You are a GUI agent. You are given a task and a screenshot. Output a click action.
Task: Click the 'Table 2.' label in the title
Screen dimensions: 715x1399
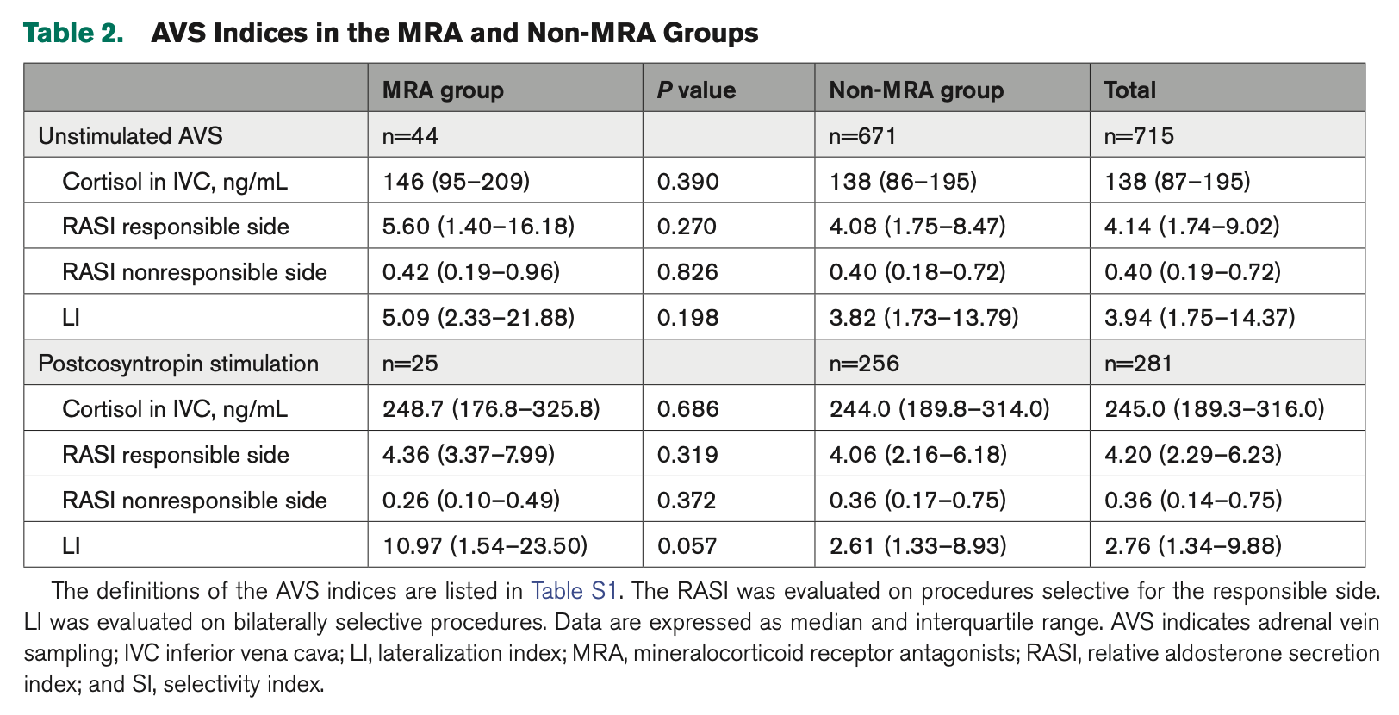click(x=73, y=33)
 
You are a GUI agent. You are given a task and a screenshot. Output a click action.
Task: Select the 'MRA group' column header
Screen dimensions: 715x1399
click(x=443, y=90)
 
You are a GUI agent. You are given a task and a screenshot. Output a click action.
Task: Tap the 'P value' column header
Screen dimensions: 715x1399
click(x=696, y=90)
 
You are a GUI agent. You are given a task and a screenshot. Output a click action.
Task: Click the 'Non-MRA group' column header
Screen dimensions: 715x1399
click(x=916, y=90)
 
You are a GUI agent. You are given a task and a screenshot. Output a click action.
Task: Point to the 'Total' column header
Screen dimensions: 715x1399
click(x=1129, y=90)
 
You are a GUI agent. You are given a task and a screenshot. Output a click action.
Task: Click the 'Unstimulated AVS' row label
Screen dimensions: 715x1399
click(x=130, y=136)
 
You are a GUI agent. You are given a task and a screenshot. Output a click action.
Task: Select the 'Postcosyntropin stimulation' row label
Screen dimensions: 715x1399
click(x=178, y=364)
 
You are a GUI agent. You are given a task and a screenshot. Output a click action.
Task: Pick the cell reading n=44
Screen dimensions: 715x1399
click(x=410, y=136)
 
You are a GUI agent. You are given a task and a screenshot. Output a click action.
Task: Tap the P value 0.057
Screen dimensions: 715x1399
click(x=687, y=546)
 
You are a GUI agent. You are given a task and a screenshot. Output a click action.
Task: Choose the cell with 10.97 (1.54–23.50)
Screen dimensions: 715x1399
click(x=485, y=546)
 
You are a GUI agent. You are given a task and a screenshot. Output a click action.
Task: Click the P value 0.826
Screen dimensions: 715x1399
click(x=687, y=273)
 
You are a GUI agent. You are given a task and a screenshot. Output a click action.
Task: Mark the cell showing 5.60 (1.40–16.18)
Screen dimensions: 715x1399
click(x=478, y=227)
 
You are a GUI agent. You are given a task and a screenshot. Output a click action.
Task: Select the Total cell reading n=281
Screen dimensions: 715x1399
click(x=1138, y=364)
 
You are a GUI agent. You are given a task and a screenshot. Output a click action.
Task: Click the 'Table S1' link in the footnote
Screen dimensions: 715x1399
click(x=575, y=591)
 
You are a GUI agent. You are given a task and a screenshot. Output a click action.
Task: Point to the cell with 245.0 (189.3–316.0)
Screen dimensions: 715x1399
click(x=1214, y=409)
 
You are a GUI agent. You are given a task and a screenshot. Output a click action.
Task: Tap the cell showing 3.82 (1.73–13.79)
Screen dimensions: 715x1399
click(x=923, y=319)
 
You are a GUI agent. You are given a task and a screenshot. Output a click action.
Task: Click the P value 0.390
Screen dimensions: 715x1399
click(x=687, y=182)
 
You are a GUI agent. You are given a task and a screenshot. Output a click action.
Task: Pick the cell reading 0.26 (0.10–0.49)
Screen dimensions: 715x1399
click(x=471, y=501)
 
